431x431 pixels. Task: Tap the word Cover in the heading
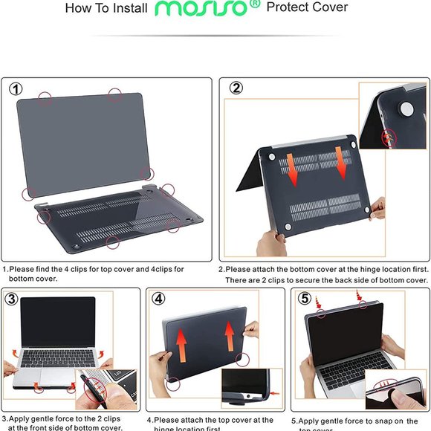tap(330, 8)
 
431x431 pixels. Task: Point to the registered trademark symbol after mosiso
tap(254, 4)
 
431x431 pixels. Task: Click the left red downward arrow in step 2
tap(293, 168)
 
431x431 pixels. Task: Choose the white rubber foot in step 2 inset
tap(407, 108)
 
